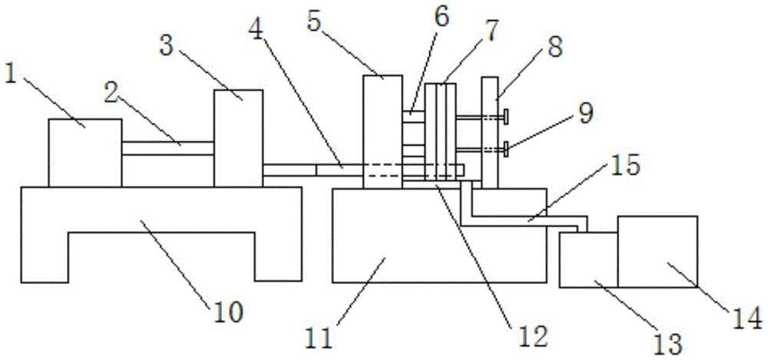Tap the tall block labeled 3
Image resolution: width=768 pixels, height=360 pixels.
click(x=238, y=137)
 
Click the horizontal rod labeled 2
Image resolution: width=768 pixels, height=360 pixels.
click(x=167, y=148)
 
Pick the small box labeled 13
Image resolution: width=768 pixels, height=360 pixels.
click(x=588, y=261)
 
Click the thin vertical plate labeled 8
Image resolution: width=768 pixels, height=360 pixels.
click(x=490, y=130)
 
